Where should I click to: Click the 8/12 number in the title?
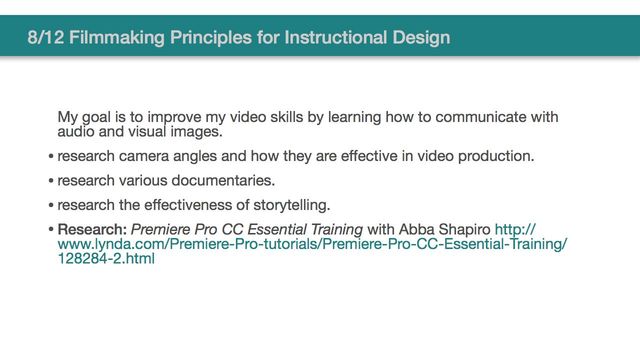(47, 38)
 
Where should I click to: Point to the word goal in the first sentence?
(103, 117)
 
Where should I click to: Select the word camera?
(147, 156)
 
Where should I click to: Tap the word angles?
(198, 156)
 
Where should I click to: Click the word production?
(495, 156)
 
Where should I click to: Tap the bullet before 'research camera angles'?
(51, 157)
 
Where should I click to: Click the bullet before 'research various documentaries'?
(51, 181)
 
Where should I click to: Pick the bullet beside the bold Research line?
(51, 230)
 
